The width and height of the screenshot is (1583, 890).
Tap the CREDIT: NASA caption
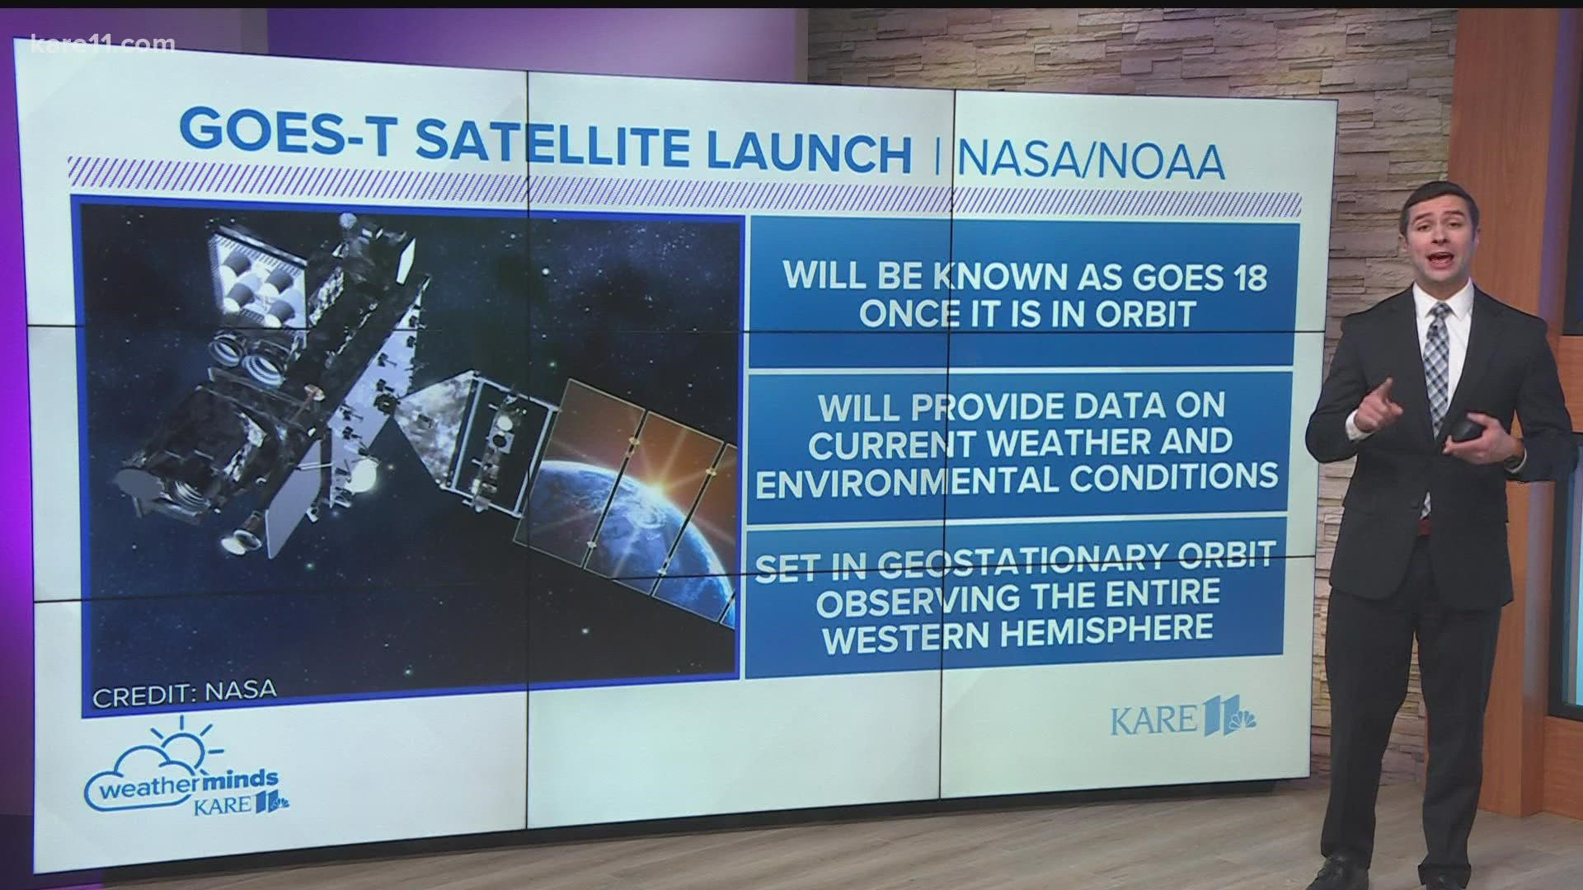(184, 690)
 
